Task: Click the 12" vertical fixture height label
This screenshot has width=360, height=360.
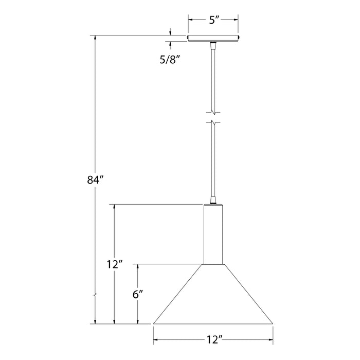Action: (114, 265)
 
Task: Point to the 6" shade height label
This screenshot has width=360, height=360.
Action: (137, 295)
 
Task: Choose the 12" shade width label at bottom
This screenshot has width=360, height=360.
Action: (213, 339)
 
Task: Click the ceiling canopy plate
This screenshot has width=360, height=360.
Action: (213, 38)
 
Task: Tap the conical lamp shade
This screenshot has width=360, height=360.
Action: (213, 296)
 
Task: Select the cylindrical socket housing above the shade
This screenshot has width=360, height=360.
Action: (213, 234)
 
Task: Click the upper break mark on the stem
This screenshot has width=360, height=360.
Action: (213, 111)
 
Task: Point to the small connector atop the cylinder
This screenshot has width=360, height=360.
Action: (213, 201)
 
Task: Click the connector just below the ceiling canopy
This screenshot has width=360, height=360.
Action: (213, 45)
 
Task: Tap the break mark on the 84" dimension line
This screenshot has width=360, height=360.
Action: (95, 296)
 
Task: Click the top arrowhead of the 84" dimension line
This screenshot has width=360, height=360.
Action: (95, 39)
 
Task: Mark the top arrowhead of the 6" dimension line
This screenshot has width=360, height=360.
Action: (137, 266)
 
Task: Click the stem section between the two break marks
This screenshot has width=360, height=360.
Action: (213, 117)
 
